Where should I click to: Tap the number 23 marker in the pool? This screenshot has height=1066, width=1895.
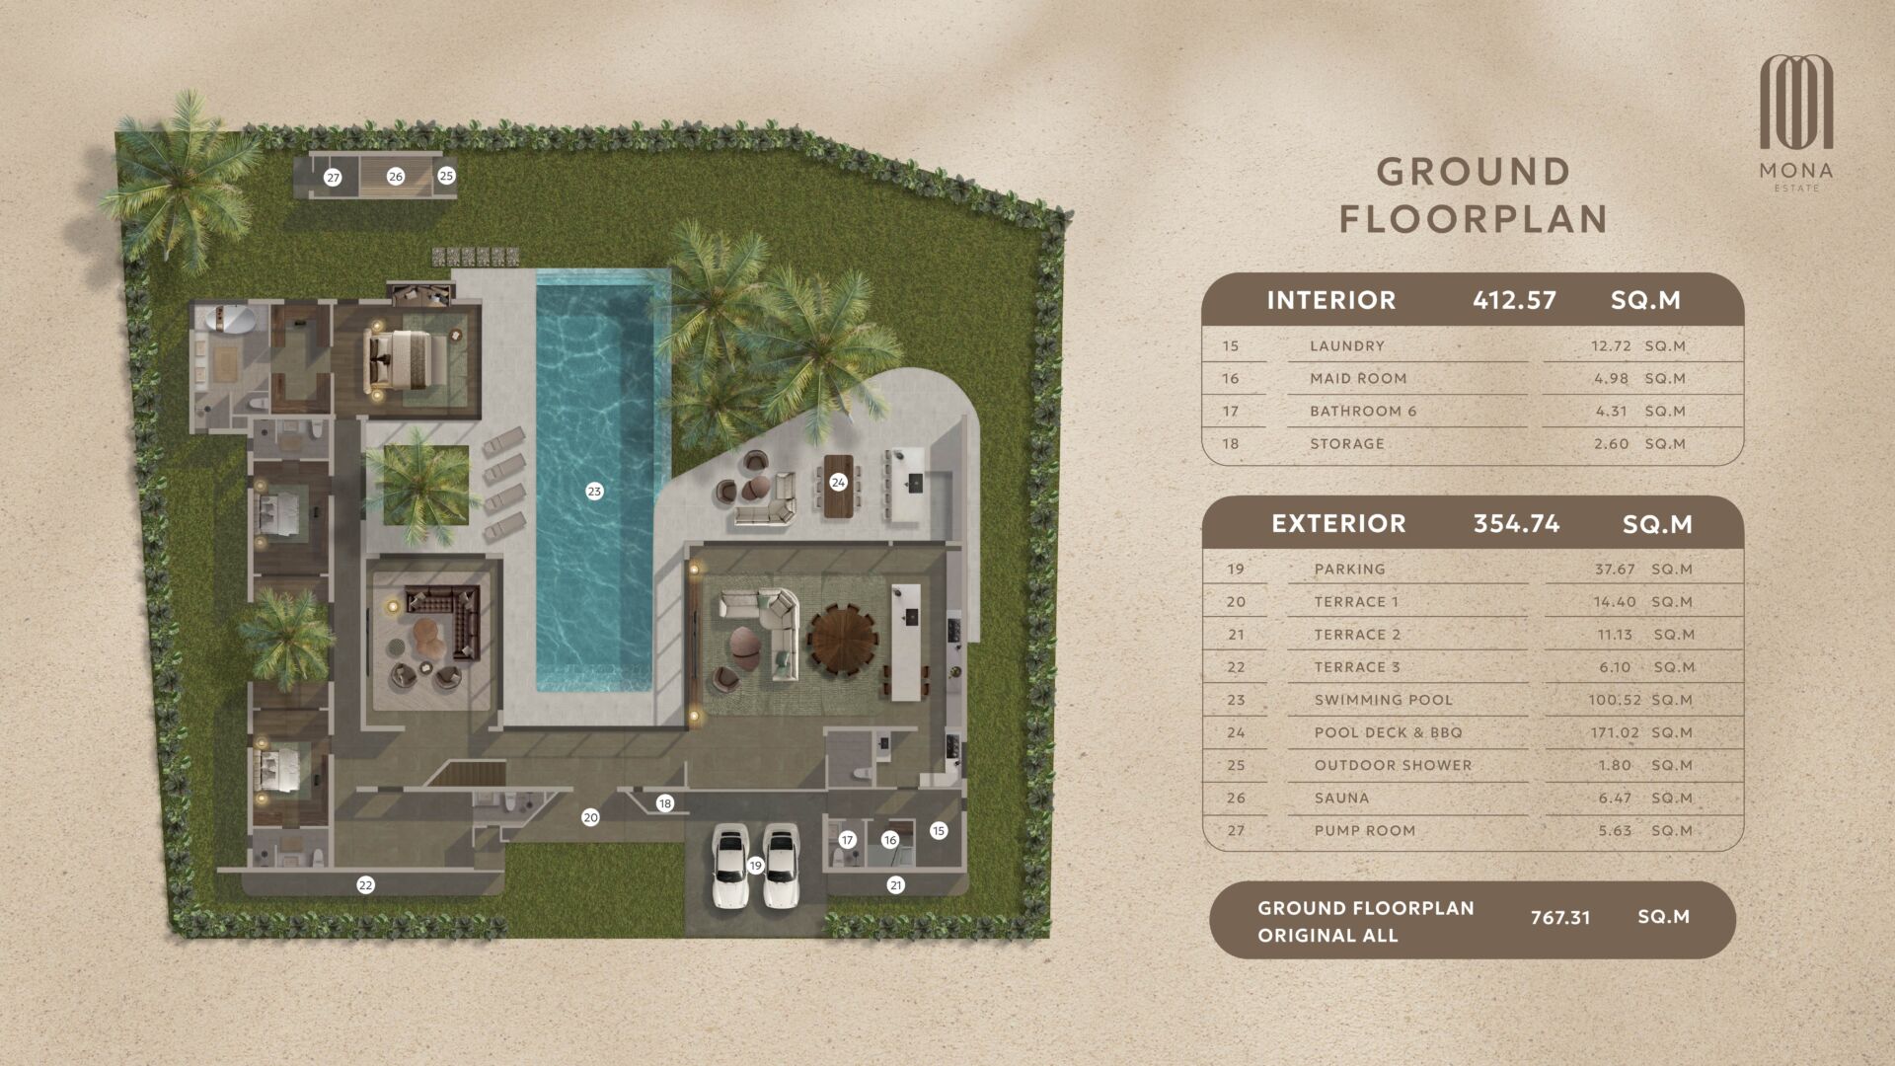[x=594, y=492]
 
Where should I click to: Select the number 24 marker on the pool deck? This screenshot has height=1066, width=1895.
[x=838, y=483]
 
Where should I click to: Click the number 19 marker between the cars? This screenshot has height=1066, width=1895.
[x=755, y=866]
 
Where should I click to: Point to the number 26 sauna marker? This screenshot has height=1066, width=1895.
[x=396, y=177]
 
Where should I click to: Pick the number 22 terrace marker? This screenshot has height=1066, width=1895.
[x=365, y=885]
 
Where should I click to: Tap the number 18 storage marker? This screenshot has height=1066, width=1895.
[x=665, y=803]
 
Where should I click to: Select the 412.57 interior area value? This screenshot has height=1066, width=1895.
[x=1514, y=300]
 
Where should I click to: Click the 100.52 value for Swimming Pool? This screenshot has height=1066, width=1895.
[x=1616, y=700]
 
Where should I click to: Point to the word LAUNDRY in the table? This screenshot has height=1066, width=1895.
[x=1347, y=346]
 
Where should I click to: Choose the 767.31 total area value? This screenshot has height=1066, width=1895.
[x=1560, y=918]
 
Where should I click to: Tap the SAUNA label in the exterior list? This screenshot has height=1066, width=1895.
[x=1341, y=799]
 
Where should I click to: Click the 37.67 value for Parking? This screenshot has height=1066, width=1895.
[x=1615, y=570]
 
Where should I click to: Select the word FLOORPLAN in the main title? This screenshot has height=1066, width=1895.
[x=1474, y=219]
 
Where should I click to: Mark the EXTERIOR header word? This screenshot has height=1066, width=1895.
[x=1338, y=523]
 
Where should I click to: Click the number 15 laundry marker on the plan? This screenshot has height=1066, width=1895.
[x=939, y=831]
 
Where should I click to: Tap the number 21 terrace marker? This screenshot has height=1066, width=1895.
[x=896, y=885]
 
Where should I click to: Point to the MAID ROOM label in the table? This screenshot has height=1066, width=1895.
[x=1358, y=379]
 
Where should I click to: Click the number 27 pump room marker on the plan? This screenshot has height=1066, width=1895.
[x=333, y=178]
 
